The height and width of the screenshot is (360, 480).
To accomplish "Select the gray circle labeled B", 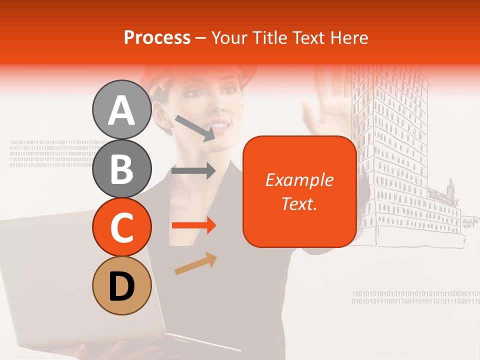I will point(121,168).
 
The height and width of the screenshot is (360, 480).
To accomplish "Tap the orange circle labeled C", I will point(121,227).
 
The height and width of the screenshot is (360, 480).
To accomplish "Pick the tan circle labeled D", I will point(121,285).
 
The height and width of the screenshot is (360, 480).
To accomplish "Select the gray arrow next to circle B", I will point(193,170).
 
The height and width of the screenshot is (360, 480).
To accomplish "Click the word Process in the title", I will point(157,37).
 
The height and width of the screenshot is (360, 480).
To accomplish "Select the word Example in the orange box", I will point(299,180).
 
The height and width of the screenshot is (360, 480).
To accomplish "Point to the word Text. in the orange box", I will point(299,203).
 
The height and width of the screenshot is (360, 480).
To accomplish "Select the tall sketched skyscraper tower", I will point(390,150).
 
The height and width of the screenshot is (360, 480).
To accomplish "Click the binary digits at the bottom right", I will point(415,297).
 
